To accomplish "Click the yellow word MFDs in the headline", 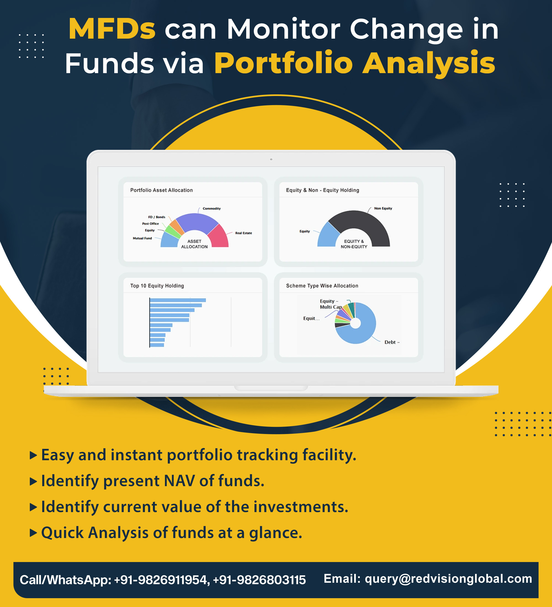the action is click(x=112, y=29).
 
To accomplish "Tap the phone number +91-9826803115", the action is click(x=259, y=580).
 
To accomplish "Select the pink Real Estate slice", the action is click(x=219, y=237).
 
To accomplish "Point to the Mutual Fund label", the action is click(x=142, y=238).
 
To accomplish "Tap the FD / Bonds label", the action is click(x=156, y=217).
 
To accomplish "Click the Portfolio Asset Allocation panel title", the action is click(x=161, y=190).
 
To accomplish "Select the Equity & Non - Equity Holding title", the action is click(x=323, y=190).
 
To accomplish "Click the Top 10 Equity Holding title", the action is click(x=157, y=286).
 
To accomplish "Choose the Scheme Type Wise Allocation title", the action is click(x=322, y=286).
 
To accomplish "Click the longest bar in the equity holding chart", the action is click(x=178, y=300).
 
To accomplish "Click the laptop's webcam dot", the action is click(x=271, y=159).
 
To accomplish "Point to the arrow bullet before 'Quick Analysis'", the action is click(x=33, y=533).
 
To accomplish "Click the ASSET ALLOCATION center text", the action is click(x=194, y=244).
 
